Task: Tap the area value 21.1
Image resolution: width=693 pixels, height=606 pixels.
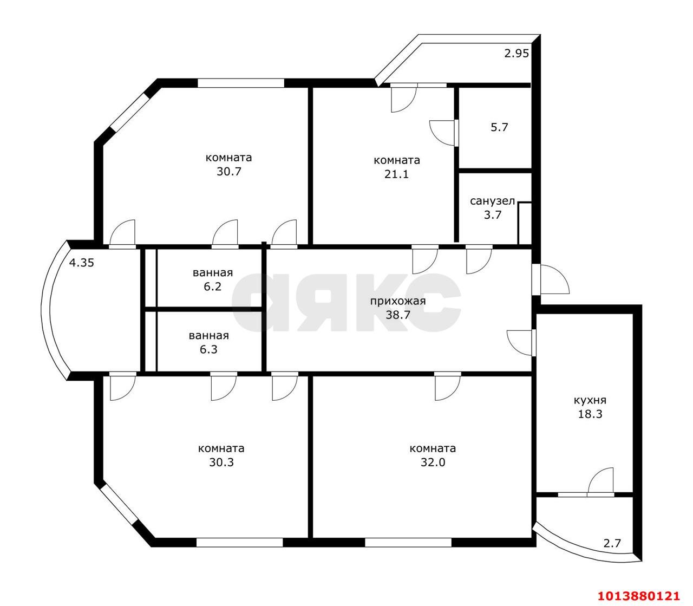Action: [397, 174]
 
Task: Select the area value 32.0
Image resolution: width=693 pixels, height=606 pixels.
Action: [433, 462]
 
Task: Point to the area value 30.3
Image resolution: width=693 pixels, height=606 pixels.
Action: [221, 462]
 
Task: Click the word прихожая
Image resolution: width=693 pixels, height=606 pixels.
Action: [397, 301]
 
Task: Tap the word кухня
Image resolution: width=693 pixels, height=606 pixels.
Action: [590, 400]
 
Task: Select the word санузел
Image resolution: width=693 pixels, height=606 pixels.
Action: [492, 201]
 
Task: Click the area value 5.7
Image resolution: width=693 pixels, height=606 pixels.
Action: [499, 128]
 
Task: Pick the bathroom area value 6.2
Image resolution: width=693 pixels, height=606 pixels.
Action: [212, 287]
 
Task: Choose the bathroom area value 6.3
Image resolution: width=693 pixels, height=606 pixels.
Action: [208, 349]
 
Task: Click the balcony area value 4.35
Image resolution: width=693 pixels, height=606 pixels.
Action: [82, 263]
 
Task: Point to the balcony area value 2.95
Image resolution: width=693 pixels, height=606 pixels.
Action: [516, 53]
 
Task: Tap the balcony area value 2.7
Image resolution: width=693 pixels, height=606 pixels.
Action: [612, 543]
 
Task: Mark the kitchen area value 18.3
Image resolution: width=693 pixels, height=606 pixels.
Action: [590, 414]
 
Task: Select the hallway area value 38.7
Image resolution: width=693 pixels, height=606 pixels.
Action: [397, 315]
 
